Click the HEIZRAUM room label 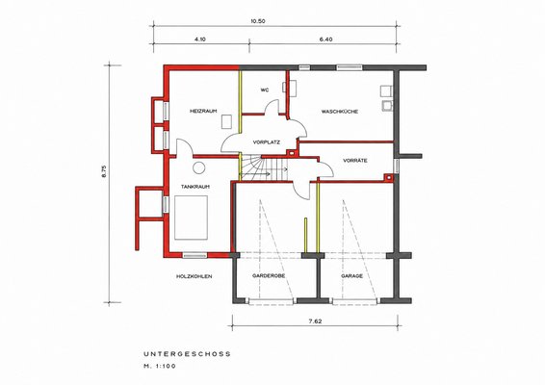[x=203, y=111]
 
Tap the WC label [x=265, y=90]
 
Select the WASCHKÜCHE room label [x=340, y=112]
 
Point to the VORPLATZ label [x=267, y=142]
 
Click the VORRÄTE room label [x=355, y=161]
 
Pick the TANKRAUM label [x=195, y=187]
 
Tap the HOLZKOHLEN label [x=195, y=276]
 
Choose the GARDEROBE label [x=269, y=275]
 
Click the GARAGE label [x=351, y=276]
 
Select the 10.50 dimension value [x=257, y=21]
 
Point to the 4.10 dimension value [x=200, y=39]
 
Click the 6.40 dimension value [x=325, y=39]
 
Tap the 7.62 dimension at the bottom [x=315, y=321]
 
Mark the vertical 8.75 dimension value [x=103, y=171]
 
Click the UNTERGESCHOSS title [x=187, y=354]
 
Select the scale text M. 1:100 [x=160, y=366]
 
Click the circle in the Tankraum [x=199, y=167]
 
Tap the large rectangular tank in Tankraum [x=191, y=218]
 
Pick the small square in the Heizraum [x=227, y=121]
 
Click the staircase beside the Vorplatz [x=265, y=168]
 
